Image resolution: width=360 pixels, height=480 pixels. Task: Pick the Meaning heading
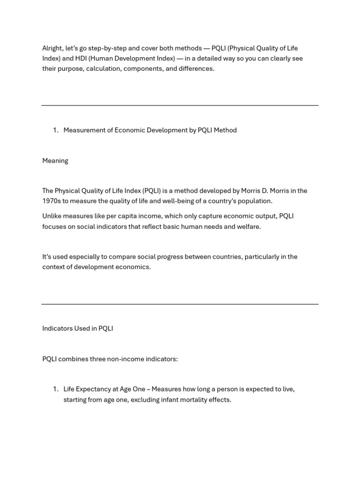55,161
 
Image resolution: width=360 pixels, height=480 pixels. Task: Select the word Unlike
52,216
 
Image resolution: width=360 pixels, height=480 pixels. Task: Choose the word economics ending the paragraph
135,267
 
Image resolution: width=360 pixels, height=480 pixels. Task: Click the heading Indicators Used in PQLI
77,329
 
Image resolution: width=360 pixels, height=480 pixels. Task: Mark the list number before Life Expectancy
55,389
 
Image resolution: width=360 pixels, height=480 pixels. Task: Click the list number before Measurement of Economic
55,130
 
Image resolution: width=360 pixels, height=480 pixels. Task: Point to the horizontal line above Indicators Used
180,304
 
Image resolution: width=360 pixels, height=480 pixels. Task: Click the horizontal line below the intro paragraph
180,105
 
